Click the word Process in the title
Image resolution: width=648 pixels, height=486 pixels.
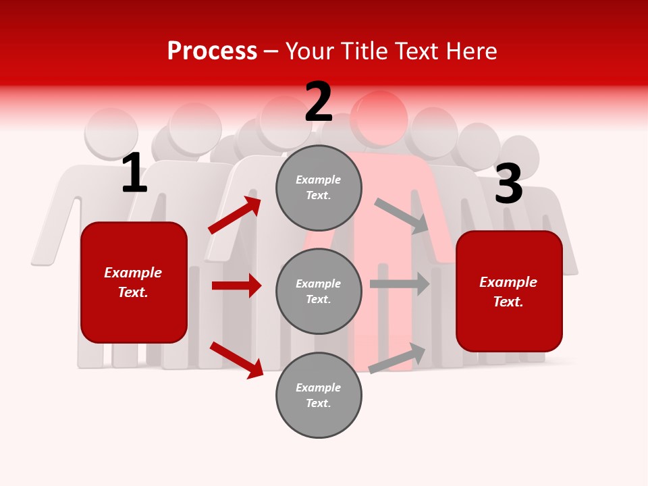pos(212,51)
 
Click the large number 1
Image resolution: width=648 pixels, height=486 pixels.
pos(134,173)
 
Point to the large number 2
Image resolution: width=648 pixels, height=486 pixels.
pos(319,102)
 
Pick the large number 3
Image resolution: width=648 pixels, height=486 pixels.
pos(508,184)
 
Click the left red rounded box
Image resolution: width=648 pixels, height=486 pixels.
pos(134,282)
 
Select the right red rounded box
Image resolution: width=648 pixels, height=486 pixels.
pos(509,292)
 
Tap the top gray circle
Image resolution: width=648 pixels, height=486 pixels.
pos(319,188)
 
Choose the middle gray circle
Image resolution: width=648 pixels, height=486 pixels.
pos(319,292)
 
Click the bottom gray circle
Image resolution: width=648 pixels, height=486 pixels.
pos(319,396)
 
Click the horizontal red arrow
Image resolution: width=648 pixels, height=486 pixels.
pos(236,286)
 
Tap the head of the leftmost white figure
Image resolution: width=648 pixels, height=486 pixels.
pos(111,132)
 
